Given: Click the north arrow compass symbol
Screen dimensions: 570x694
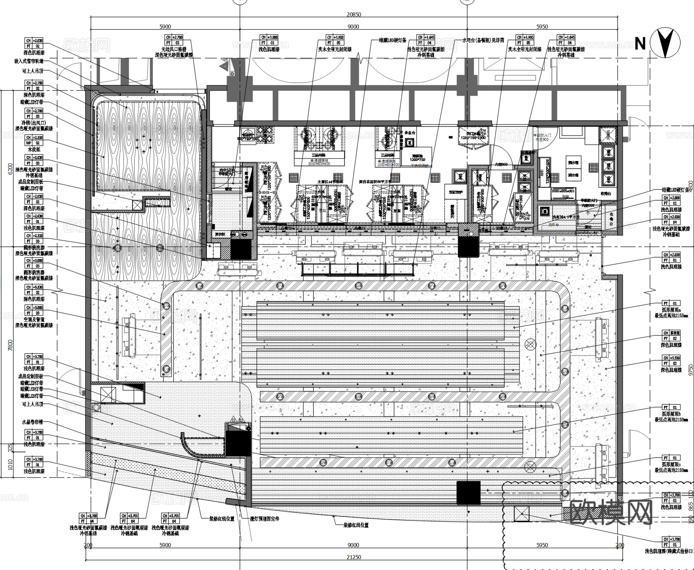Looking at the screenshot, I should tap(665, 43).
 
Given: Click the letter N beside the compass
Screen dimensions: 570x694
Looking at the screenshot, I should tap(640, 44).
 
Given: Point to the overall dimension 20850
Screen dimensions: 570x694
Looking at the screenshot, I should tap(354, 15).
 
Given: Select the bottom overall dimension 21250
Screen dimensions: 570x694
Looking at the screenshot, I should tap(354, 557).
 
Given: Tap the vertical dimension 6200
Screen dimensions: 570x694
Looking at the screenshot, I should tap(10, 169).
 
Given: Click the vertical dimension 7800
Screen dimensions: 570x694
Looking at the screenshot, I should tap(10, 345).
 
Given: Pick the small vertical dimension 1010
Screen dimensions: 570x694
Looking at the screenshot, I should tap(10, 464).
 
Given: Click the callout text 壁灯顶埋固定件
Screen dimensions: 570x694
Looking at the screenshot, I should tap(264, 519).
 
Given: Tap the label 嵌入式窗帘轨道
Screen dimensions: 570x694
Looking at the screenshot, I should tap(29, 61).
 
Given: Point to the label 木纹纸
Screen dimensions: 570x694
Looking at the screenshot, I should tap(34, 149).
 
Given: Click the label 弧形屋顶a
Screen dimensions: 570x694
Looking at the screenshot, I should tap(671, 310).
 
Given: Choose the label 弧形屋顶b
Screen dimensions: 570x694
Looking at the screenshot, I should tap(671, 414).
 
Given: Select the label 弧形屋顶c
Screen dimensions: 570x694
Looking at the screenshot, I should tap(671, 464).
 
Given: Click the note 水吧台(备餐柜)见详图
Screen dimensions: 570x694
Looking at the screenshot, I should tap(483, 40).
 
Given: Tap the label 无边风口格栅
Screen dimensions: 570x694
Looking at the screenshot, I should tap(173, 49).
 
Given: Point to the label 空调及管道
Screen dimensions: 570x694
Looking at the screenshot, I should tap(34, 319).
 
